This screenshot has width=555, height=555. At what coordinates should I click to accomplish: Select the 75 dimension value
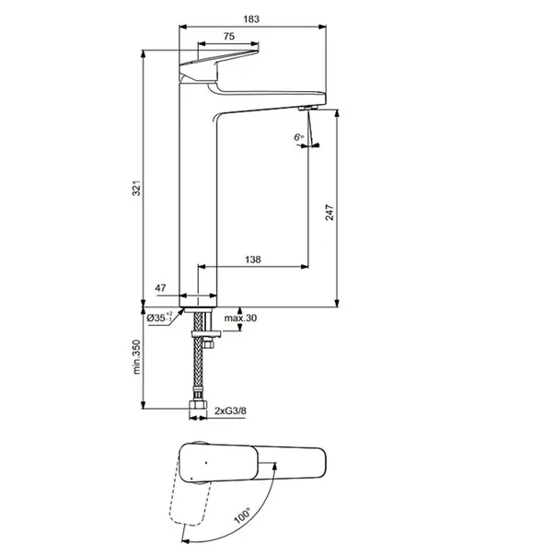pyautogui.click(x=227, y=37)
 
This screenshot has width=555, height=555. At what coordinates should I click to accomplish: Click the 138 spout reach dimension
pyautogui.click(x=252, y=260)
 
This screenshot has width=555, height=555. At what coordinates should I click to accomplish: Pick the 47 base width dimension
pyautogui.click(x=161, y=288)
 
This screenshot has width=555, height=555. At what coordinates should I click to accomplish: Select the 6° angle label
pyautogui.click(x=298, y=136)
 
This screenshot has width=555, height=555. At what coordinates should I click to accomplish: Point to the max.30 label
pyautogui.click(x=241, y=318)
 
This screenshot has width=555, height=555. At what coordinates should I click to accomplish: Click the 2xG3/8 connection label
pyautogui.click(x=231, y=412)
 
